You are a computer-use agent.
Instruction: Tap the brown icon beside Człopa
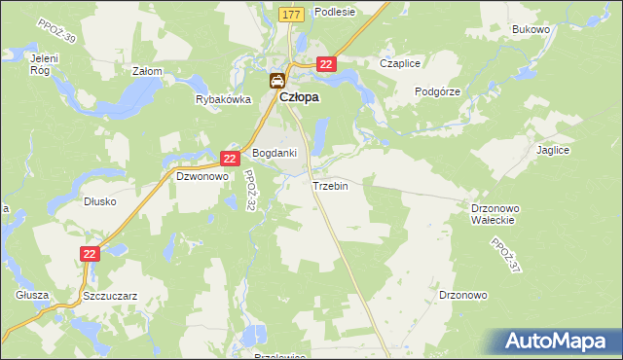pos(277,82)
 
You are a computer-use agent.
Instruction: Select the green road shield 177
pos(289,15)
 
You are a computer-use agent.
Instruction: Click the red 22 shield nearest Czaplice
pos(326,64)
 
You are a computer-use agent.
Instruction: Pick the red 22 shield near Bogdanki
pos(230,158)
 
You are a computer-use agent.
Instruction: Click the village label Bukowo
pos(531,30)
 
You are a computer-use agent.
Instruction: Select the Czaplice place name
pos(400,64)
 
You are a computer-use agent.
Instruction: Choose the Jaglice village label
pos(552,151)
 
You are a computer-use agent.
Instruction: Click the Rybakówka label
pos(223,99)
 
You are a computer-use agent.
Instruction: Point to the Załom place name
pos(147,72)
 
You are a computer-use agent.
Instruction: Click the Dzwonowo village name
pos(202,177)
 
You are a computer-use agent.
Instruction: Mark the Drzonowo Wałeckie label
pos(498,214)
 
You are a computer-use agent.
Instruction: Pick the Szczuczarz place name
pos(109,295)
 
